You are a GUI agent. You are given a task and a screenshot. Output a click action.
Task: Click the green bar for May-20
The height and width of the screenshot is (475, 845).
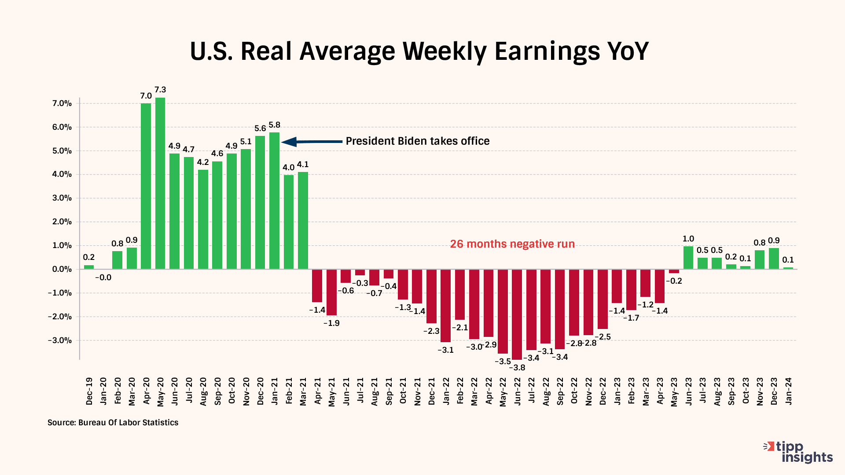click(x=160, y=183)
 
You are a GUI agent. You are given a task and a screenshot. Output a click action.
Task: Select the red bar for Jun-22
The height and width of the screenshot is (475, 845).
click(x=517, y=314)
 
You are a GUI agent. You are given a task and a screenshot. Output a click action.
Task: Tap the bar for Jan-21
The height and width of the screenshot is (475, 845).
click(x=274, y=201)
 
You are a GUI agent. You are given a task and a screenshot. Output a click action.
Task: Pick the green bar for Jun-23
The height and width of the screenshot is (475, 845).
click(x=688, y=258)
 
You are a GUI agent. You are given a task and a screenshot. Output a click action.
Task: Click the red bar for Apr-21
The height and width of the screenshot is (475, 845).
click(x=317, y=285)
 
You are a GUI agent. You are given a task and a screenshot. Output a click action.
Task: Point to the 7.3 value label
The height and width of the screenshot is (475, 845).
click(x=160, y=90)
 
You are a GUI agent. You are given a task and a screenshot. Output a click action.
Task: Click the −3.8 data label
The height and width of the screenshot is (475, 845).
click(x=517, y=368)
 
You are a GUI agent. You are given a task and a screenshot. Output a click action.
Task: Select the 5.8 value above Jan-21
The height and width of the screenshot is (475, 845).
click(x=274, y=125)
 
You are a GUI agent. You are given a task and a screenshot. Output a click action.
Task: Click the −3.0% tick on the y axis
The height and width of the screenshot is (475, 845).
click(x=60, y=340)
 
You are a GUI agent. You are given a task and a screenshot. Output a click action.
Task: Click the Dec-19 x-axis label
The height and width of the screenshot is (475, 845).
click(x=89, y=391)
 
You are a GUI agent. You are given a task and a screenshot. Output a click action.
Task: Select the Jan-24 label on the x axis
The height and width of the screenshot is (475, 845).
click(x=788, y=391)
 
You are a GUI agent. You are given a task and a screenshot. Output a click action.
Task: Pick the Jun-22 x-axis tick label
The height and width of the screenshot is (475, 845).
click(x=517, y=391)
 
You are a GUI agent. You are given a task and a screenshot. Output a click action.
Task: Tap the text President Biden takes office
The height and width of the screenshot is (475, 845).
click(x=417, y=141)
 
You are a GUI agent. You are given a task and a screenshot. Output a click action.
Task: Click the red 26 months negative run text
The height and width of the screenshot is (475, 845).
click(x=512, y=244)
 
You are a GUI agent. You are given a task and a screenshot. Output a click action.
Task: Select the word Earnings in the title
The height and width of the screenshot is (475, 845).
click(x=547, y=51)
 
